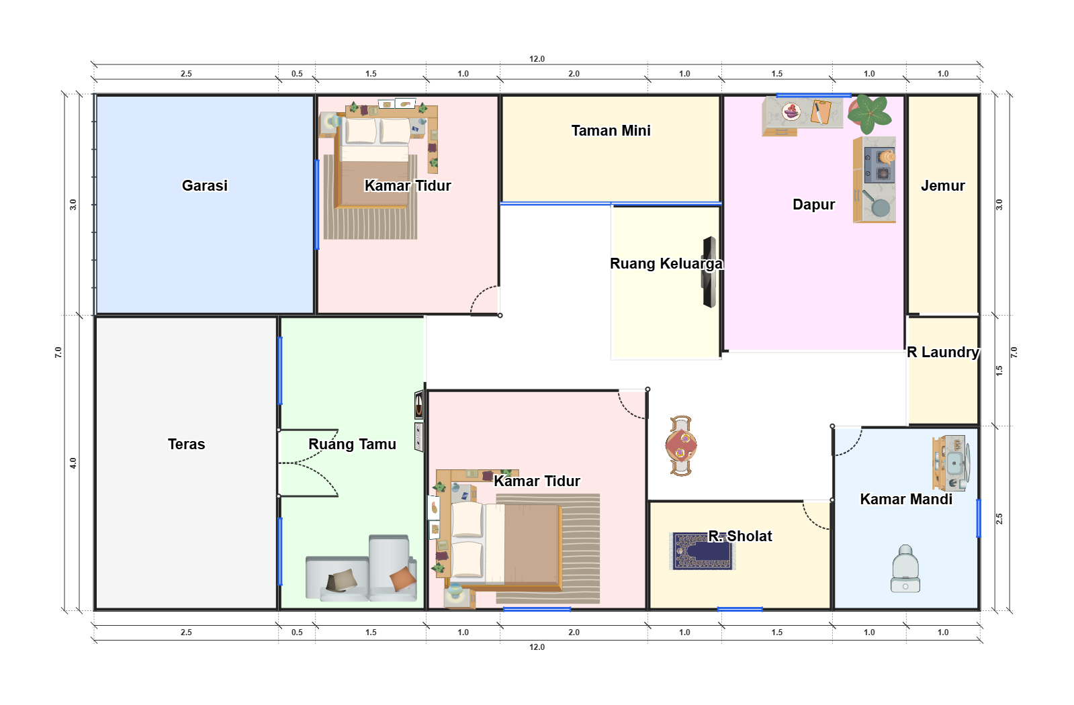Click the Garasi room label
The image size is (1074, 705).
point(205,185)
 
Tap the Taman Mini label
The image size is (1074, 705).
point(611,130)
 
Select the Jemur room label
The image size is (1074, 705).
point(942,185)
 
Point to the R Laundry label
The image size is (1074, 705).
point(942,352)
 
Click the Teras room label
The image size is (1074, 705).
point(187,444)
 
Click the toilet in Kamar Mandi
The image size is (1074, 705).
point(905,569)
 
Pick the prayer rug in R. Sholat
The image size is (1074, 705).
point(703,551)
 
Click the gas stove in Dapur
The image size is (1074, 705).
point(880,165)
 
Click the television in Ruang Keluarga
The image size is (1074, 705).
point(709,272)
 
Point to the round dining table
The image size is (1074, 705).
point(681,445)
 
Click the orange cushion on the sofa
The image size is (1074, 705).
point(403,579)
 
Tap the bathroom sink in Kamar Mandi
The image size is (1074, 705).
point(954,464)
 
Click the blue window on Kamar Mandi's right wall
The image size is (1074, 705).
point(978,518)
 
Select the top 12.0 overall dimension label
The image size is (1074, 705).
point(537,59)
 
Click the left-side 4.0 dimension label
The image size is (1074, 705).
point(73,463)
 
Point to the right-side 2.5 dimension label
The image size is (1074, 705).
point(999,518)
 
